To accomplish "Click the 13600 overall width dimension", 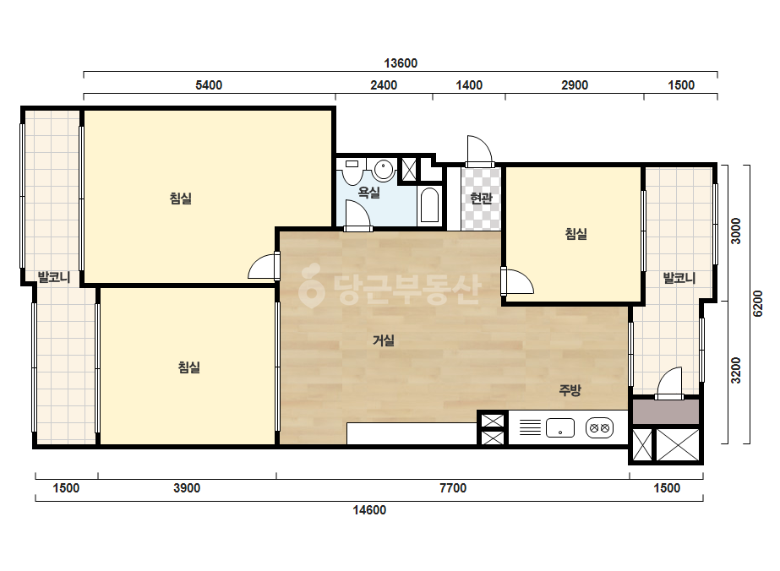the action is [401, 63].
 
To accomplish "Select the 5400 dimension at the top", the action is [209, 85].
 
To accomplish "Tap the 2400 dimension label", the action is [384, 85].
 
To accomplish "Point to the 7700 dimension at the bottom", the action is [453, 488].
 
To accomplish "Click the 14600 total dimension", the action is [369, 510].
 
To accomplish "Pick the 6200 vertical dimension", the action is [757, 303].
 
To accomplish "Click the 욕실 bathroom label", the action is [369, 192].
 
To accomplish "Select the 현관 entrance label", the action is [481, 198].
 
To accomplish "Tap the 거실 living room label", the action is [384, 340].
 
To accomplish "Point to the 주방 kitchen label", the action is [570, 390].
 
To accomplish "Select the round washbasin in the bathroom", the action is [384, 169].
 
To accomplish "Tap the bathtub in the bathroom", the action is [429, 204].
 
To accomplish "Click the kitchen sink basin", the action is [559, 427].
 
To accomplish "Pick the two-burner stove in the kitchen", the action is [599, 427].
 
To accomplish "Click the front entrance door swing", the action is [479, 150].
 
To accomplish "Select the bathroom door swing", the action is [357, 215].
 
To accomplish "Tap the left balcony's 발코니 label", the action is [54, 277].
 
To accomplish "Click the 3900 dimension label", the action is [187, 488].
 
